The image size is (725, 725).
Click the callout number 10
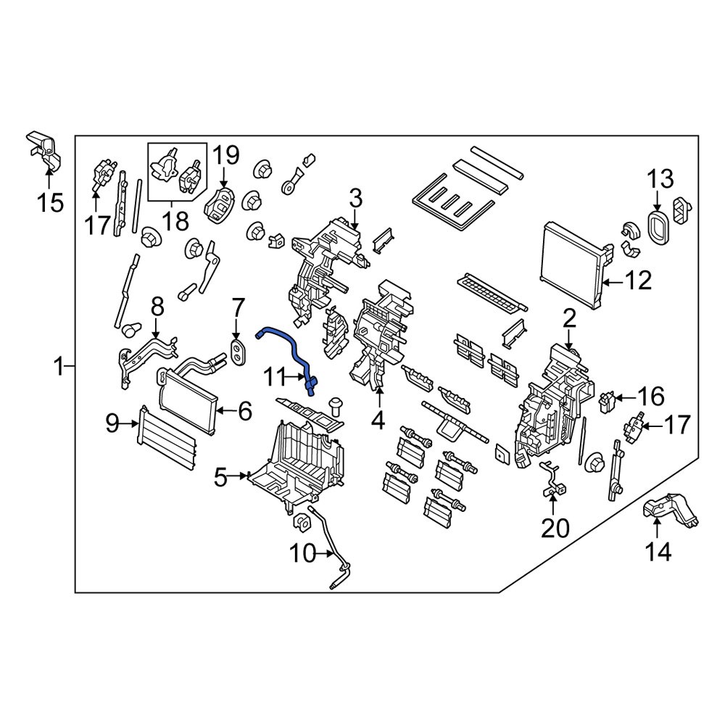304,555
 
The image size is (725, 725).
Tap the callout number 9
112,423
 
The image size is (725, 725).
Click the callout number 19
225,154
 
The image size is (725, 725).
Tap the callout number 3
355,196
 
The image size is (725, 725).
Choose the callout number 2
569,318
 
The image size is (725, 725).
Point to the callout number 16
650,397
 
